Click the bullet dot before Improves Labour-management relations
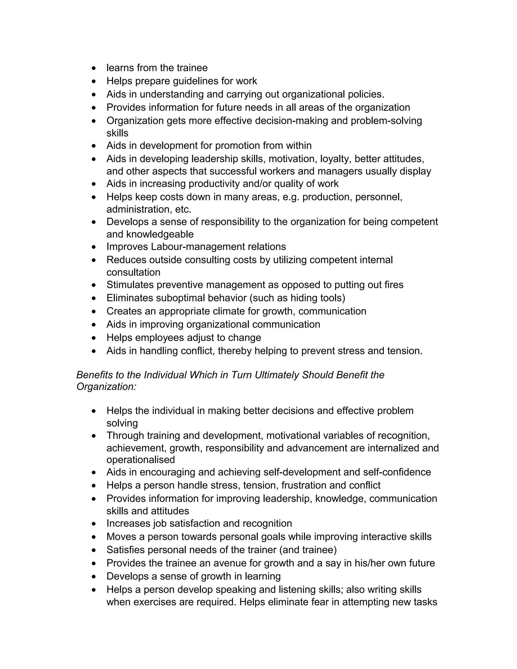point(94,247)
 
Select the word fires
point(393,285)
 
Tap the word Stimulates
point(130,285)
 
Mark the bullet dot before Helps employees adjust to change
point(94,338)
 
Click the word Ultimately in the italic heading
point(277,375)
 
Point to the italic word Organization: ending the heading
point(106,387)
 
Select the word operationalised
point(141,460)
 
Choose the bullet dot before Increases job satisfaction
point(94,524)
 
